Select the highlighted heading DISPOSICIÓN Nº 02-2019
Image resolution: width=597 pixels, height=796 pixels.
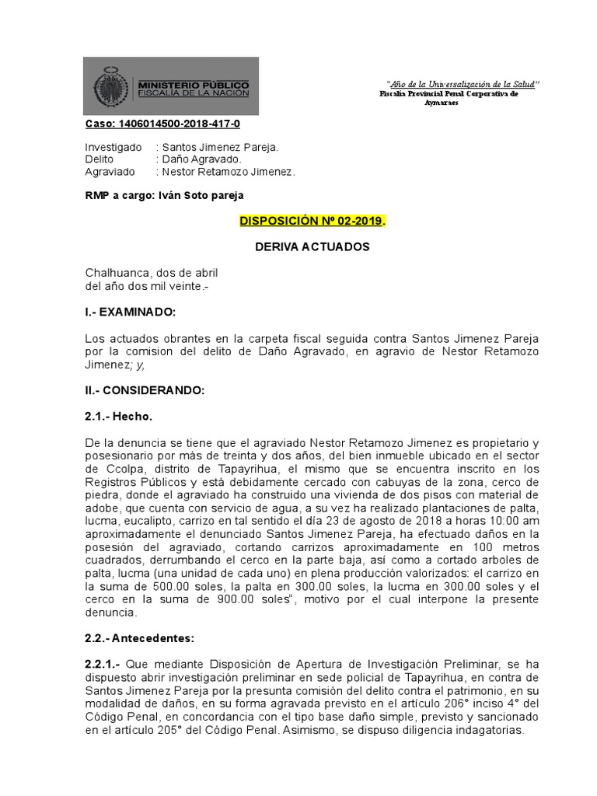[311, 222]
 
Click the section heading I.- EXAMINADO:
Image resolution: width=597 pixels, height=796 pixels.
[131, 312]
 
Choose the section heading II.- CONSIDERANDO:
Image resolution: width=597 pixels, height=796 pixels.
[144, 391]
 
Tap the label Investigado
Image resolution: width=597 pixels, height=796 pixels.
[113, 147]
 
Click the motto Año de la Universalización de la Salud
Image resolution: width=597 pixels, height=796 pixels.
[463, 84]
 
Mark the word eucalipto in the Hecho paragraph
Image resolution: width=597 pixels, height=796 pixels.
[145, 520]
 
